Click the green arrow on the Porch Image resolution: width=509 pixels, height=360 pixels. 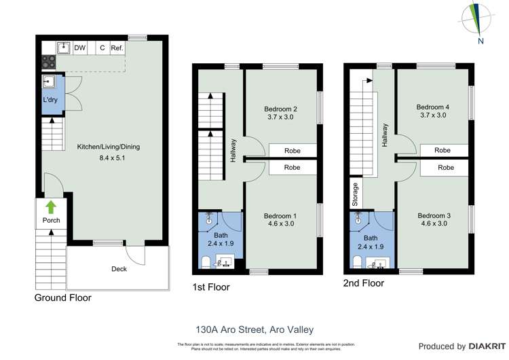point(51,206)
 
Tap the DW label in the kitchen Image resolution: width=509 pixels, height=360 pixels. point(80,48)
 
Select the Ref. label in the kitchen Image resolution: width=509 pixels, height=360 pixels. point(117,48)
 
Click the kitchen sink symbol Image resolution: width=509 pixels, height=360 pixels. point(62,48)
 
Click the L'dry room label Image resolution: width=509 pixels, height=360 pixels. point(50,100)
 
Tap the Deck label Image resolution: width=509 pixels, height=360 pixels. point(119,269)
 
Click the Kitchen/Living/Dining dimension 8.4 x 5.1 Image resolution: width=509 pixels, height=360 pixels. point(109,158)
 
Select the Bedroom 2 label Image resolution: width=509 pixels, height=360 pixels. point(281,109)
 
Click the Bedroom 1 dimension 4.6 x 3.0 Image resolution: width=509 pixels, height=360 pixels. point(281,225)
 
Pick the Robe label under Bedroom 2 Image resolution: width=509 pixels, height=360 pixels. point(292,150)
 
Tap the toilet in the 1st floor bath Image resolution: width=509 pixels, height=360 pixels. point(206,262)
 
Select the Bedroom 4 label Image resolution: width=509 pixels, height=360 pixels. point(433,107)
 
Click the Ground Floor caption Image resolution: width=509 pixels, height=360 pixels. point(63,298)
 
